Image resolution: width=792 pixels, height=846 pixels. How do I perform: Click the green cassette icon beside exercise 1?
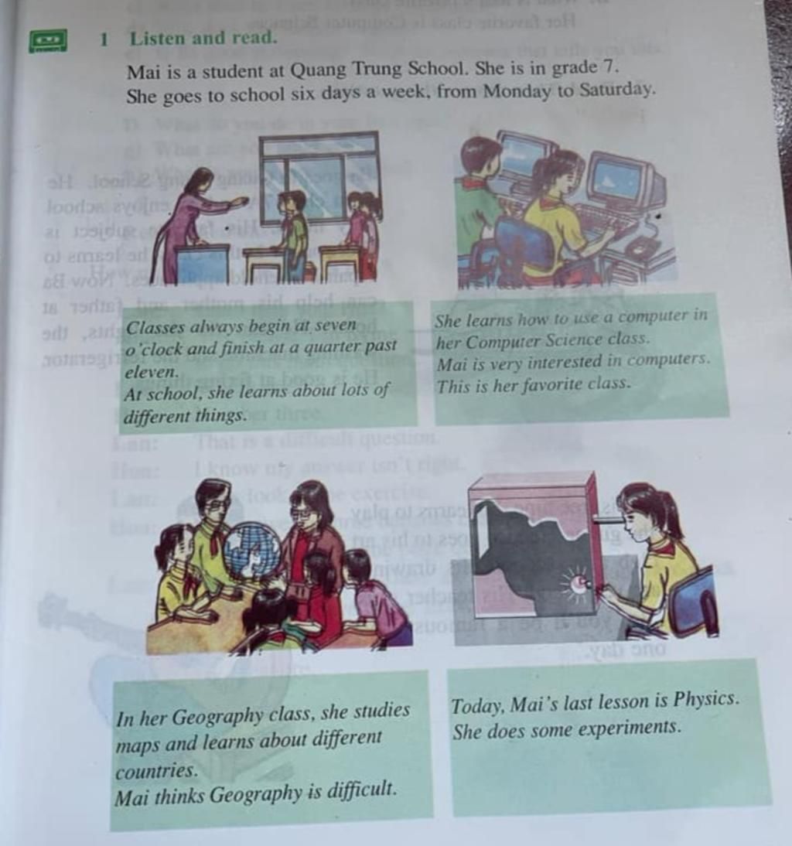pyautogui.click(x=48, y=40)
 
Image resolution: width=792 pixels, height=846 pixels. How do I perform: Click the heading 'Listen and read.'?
pyautogui.click(x=203, y=37)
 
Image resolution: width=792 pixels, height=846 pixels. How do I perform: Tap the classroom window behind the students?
pyautogui.click(x=319, y=178)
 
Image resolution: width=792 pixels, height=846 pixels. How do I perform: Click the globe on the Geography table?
pyautogui.click(x=252, y=551)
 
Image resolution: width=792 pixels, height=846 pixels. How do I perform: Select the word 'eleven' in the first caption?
pyautogui.click(x=152, y=371)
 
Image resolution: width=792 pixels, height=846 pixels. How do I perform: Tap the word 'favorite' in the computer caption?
pyautogui.click(x=541, y=384)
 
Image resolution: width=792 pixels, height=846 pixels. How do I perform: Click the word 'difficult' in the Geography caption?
pyautogui.click(x=360, y=790)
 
